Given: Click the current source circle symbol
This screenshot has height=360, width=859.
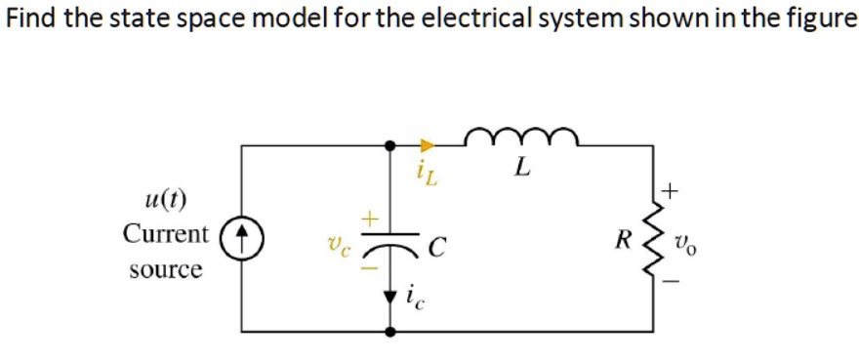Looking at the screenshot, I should coord(243,236).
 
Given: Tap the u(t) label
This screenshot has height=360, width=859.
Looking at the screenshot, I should coord(167,201).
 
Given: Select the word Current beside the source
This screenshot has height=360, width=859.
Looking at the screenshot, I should coord(166,234).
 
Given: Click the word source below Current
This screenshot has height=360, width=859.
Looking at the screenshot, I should coord(166,268).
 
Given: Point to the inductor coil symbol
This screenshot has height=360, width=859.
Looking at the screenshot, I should coord(522,138).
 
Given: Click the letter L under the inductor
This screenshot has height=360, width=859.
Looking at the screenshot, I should coord(522,169).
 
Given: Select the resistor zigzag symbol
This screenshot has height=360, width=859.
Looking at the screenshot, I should coord(651,237).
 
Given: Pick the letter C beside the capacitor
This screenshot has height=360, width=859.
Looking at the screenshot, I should coord(437,246).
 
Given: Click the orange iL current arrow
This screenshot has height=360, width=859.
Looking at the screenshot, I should coord(427,146).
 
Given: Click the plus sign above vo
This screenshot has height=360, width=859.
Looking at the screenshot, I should coord(670,186).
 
